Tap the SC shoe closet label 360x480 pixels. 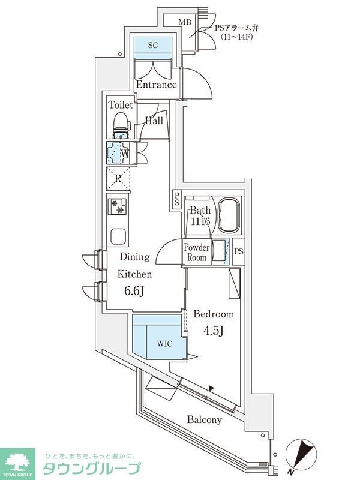pyautogui.click(x=152, y=45)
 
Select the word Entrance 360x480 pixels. pyautogui.click(x=156, y=85)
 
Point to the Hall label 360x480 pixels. pyautogui.click(x=155, y=121)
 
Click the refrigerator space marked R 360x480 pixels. pyautogui.click(x=118, y=178)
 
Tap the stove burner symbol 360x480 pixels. pyautogui.click(x=118, y=206)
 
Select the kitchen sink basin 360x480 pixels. pyautogui.click(x=118, y=235)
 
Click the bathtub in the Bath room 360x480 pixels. pyautogui.click(x=229, y=216)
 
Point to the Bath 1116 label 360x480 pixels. pyautogui.click(x=199, y=216)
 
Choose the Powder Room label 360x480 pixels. pyautogui.click(x=197, y=252)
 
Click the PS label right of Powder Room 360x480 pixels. pyautogui.click(x=239, y=251)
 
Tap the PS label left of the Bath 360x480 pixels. pyautogui.click(x=178, y=199)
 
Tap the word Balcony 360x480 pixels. pyautogui.click(x=204, y=420)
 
